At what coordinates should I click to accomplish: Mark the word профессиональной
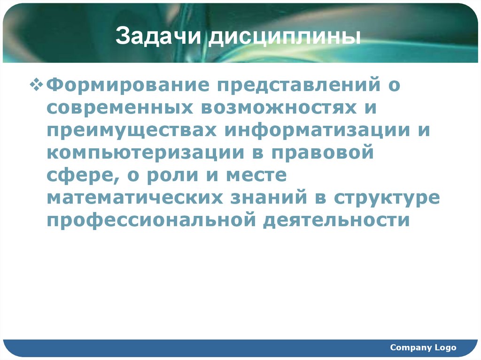pyautogui.click(x=150, y=220)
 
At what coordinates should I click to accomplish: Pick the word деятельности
pyautogui.click(x=336, y=220)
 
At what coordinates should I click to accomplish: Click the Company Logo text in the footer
pyautogui.click(x=423, y=347)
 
